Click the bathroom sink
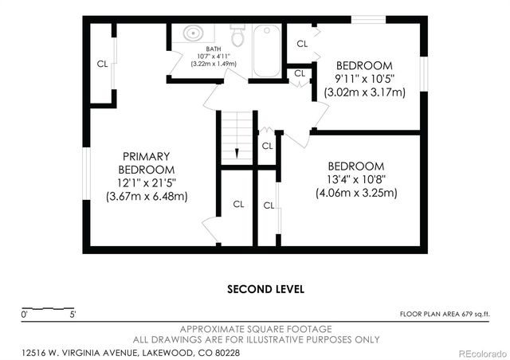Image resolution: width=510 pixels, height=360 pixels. click(x=192, y=34)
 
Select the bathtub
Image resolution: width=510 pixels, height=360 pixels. click(x=266, y=50)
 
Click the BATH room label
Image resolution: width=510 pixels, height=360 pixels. click(x=213, y=49)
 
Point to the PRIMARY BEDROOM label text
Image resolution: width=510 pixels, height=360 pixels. click(x=147, y=163)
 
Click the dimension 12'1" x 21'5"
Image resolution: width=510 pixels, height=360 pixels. click(x=147, y=183)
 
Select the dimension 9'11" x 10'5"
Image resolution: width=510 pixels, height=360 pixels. click(x=365, y=79)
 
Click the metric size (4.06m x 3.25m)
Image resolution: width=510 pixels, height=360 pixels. click(x=356, y=193)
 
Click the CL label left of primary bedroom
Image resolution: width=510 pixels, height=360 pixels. click(x=102, y=64)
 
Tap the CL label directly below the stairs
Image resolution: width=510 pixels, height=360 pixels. click(x=237, y=204)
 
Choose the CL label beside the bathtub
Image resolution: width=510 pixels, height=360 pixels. click(x=302, y=44)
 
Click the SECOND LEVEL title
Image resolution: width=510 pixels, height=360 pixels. click(x=265, y=288)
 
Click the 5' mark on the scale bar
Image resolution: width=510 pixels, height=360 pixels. click(x=73, y=315)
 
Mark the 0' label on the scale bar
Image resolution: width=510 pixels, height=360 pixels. click(x=25, y=315)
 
